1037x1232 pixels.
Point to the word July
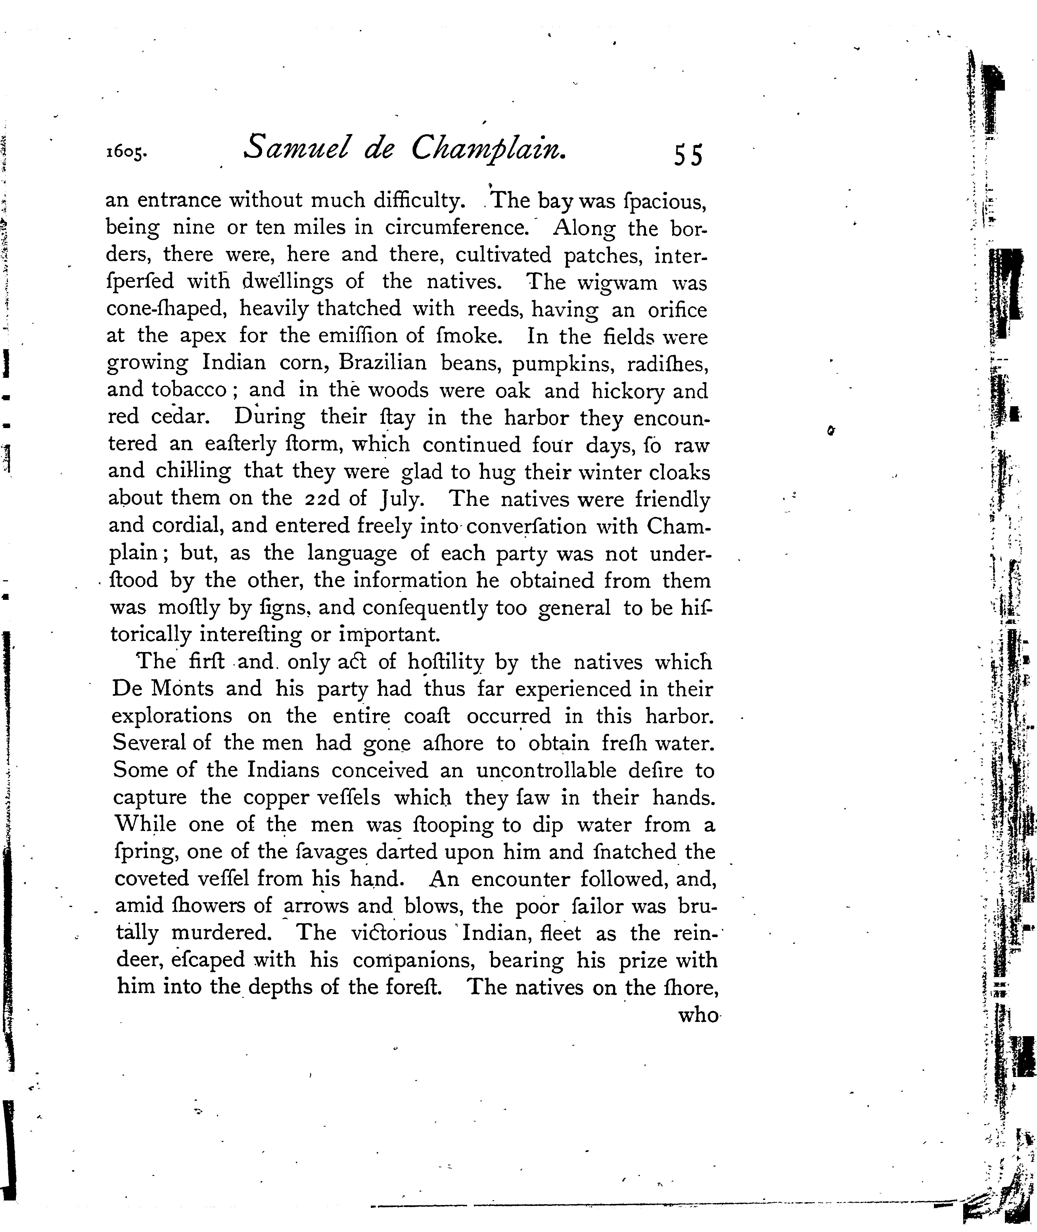(x=401, y=500)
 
